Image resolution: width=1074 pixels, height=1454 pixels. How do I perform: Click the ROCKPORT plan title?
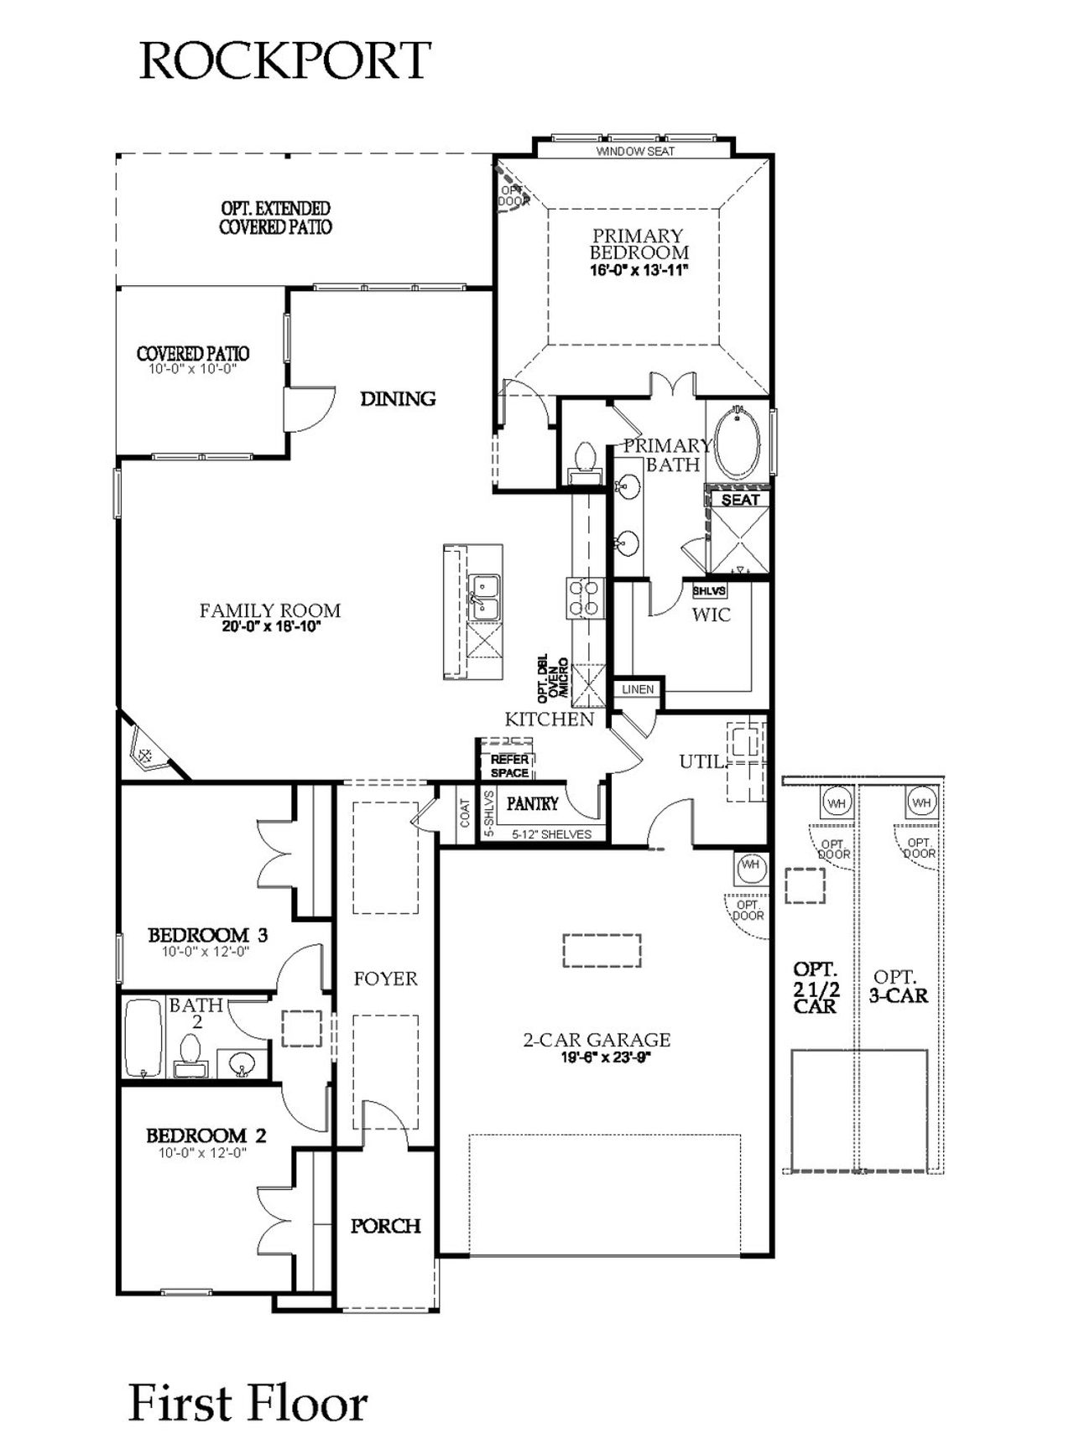coord(284,60)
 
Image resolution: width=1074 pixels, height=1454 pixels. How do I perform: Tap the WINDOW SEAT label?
coord(635,152)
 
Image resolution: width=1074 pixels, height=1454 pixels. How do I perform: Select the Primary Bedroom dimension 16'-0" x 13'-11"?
coord(639,271)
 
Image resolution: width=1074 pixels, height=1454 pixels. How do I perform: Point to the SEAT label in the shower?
coord(740,500)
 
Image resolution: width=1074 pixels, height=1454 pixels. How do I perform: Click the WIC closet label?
coord(711,615)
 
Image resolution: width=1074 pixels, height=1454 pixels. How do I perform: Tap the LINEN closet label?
coord(638,689)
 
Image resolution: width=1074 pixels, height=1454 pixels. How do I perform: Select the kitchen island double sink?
coord(484,597)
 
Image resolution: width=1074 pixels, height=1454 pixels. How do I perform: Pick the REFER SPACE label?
coord(509,766)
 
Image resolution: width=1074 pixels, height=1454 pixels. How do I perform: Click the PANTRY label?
coord(532,803)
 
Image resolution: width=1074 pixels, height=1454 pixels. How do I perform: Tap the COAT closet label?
coord(465,812)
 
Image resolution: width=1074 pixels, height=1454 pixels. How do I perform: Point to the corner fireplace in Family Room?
coord(147,752)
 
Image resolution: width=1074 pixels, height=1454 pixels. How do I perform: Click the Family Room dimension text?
coord(271,626)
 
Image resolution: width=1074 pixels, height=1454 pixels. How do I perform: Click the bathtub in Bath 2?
coord(143,1038)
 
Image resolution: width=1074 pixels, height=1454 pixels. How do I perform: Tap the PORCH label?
coord(385,1226)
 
